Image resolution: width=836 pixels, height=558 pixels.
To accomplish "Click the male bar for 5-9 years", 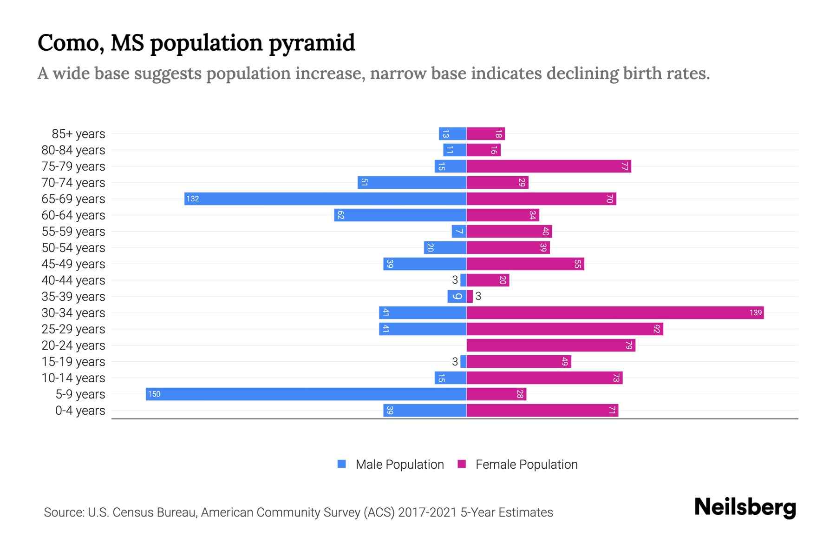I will pos(307,394).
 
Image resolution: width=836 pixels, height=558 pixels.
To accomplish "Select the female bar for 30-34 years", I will pos(615,312).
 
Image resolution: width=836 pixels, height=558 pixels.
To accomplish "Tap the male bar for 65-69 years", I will pos(325,199).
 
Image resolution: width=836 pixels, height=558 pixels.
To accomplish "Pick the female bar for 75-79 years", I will pos(549,166).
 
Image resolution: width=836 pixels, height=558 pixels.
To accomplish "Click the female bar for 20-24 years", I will pos(551,345).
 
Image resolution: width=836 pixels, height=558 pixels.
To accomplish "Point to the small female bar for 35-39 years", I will pos(470,296).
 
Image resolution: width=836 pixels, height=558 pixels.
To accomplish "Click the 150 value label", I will pos(154,394).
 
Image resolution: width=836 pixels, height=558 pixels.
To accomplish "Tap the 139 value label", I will pos(755,312).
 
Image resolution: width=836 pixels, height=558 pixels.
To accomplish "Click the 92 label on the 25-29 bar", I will pos(656,329).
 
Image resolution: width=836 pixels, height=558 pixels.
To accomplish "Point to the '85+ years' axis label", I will pos(78,134).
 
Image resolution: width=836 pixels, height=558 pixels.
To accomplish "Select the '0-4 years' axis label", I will pos(80,411).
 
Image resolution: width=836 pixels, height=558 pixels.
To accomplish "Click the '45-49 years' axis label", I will pos(73,264).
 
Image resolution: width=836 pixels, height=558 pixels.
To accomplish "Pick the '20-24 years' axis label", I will pos(73,345).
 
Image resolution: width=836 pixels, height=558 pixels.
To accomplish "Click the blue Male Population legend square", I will pos(342,464).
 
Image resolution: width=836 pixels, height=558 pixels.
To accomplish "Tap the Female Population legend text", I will pos(526,465).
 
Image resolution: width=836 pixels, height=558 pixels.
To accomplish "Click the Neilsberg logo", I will pos(745,507).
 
